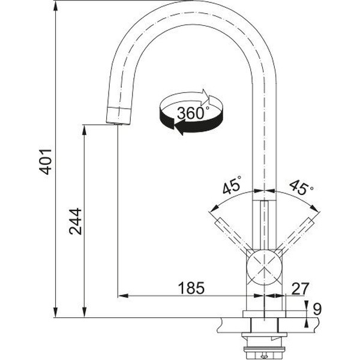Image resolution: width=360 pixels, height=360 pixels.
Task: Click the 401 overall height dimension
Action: pos(46,162)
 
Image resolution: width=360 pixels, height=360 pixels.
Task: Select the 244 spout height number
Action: pos(76,221)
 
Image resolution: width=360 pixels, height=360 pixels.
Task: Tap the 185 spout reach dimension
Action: pos(191,288)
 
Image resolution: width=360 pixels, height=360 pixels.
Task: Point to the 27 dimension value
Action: pos(301,289)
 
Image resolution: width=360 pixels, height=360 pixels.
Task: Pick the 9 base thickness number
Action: pos(317,309)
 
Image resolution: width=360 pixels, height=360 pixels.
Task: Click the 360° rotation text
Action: pos(193,113)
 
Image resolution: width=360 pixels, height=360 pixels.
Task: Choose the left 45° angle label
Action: pos(232,185)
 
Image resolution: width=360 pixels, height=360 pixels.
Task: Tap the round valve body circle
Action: pos(264,267)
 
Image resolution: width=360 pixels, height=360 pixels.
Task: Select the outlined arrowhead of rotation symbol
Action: pos(205,96)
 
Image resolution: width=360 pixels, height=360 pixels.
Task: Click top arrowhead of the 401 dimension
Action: pos(55,6)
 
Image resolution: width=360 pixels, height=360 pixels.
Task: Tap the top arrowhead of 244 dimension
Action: pos(84,130)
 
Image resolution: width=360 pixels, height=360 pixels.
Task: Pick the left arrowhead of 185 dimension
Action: pos(123,296)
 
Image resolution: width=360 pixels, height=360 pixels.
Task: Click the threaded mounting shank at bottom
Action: pos(264,347)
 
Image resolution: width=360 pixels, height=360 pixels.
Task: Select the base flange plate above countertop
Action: pos(264,314)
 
